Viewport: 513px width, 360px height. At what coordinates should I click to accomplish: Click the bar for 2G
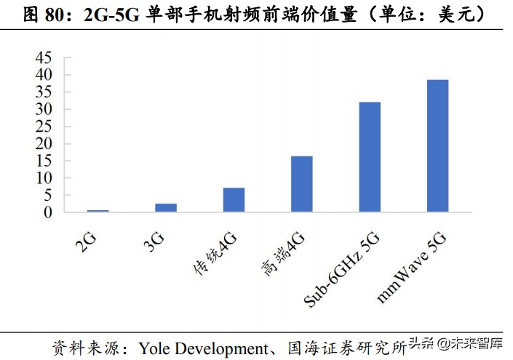coord(98,211)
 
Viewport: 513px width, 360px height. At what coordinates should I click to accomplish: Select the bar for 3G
coord(166,208)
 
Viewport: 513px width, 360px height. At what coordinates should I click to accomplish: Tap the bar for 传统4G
coord(234,200)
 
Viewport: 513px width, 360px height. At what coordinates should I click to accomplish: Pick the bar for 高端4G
coord(301,184)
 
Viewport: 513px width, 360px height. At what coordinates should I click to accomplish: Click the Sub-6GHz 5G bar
coord(370,157)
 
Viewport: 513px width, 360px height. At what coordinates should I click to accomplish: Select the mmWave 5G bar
coord(437,146)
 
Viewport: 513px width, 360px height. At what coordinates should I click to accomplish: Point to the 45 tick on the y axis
coord(44,57)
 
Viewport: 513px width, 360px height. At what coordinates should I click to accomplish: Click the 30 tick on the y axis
coord(44,109)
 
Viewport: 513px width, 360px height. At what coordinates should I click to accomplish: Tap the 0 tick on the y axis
coord(48,212)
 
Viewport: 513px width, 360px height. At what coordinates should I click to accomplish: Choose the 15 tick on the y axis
coord(44,161)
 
